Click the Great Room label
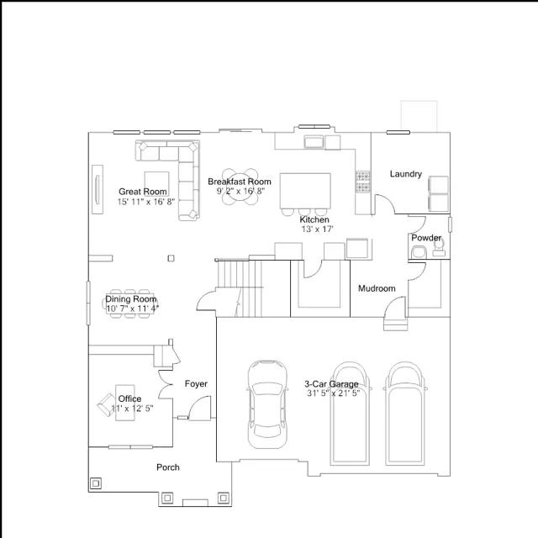click(x=143, y=192)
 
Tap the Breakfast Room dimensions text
click(x=240, y=191)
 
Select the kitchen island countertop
click(x=305, y=191)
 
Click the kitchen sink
click(x=314, y=142)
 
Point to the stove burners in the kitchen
click(x=362, y=182)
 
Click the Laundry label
click(x=405, y=174)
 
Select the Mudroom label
click(x=377, y=288)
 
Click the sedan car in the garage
click(x=267, y=404)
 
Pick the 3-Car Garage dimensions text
click(x=333, y=393)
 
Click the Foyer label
click(x=196, y=383)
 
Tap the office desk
click(x=125, y=403)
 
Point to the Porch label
click(x=168, y=467)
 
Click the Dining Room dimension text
click(x=133, y=309)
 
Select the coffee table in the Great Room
click(x=156, y=184)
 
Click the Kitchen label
click(x=314, y=219)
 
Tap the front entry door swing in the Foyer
click(x=200, y=408)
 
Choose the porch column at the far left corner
click(x=96, y=483)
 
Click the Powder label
click(x=426, y=238)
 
